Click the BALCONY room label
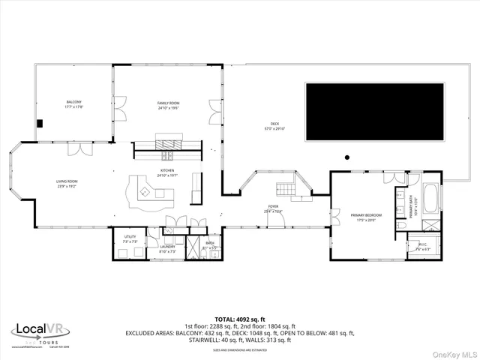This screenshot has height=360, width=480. click(x=73, y=102)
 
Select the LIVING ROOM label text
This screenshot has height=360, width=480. click(x=66, y=181)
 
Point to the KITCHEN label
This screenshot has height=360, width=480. click(x=167, y=171)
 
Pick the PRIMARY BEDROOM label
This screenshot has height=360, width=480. click(x=367, y=215)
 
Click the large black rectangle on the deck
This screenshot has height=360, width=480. click(x=376, y=111)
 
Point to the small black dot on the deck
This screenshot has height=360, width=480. click(x=346, y=157)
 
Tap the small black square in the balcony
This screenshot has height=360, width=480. click(x=41, y=124)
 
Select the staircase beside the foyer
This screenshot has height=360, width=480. click(x=286, y=187)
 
